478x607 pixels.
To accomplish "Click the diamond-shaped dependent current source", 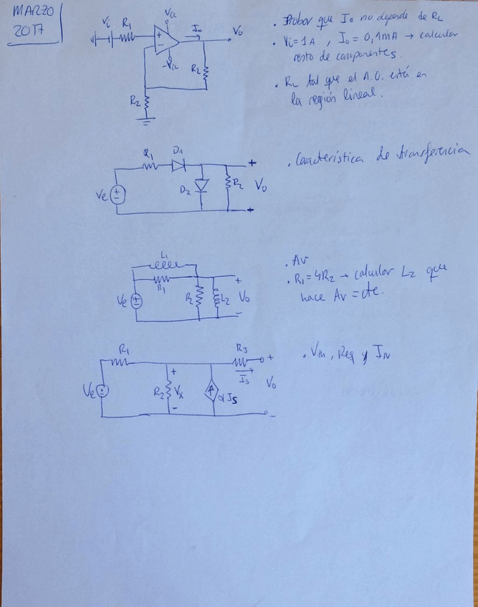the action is [x=211, y=390].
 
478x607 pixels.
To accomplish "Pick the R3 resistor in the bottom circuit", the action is [x=239, y=361].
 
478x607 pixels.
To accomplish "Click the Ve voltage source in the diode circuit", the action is [x=119, y=194].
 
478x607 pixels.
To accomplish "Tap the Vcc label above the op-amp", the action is [x=171, y=14].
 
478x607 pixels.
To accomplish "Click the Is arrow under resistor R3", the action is [x=246, y=374].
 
